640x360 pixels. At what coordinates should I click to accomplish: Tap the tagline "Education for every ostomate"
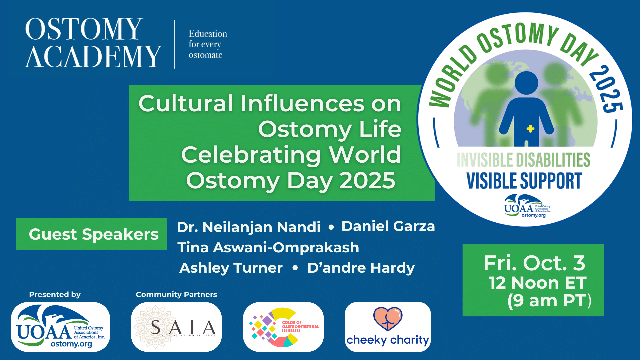coord(208,44)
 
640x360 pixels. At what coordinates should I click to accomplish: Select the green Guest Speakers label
coord(91,234)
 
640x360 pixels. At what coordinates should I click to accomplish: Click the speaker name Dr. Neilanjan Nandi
coord(248,227)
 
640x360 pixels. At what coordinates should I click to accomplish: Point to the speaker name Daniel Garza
coord(388,226)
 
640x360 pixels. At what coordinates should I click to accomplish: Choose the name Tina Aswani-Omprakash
coord(268,248)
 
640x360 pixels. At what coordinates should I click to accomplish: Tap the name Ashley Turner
coord(231,268)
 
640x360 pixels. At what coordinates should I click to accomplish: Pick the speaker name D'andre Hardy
coord(361,268)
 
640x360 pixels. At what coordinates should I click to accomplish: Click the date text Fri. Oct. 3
coord(534,263)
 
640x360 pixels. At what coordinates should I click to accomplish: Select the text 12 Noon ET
coord(537,283)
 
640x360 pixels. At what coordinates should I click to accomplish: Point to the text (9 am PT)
coord(549,300)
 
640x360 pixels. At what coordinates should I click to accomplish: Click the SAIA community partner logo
coord(176,327)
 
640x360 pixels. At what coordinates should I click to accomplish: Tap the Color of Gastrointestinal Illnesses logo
coord(283,327)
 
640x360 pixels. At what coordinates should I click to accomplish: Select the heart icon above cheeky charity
coord(388,319)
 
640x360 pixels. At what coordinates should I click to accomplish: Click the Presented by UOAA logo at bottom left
coord(60,327)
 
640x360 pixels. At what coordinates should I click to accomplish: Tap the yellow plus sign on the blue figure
coord(530,129)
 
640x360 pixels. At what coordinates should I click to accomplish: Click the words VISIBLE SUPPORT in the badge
coord(524,181)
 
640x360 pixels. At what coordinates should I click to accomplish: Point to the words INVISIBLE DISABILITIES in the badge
coord(523,160)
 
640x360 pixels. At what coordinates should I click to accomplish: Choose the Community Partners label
coord(176,295)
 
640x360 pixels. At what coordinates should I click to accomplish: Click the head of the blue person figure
coord(526,83)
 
